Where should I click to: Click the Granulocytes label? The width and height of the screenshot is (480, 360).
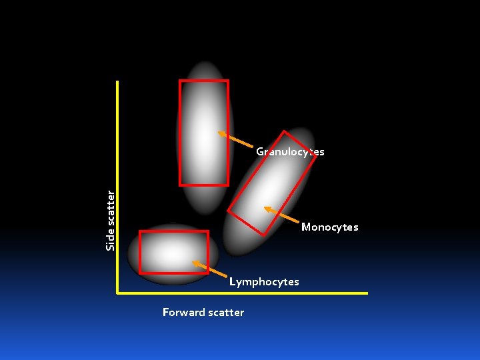tap(290, 152)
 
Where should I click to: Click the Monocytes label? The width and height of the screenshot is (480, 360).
tap(329, 227)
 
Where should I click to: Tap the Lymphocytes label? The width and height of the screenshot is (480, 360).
tap(264, 282)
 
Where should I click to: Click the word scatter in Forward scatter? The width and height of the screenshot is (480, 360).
tap(226, 313)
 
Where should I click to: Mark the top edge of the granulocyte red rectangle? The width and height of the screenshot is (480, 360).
tap(203, 81)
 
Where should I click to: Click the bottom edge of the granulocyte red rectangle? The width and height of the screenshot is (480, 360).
tap(204, 185)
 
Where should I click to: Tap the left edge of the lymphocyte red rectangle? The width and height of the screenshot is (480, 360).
tap(140, 252)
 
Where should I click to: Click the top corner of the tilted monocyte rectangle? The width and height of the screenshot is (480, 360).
tap(285, 131)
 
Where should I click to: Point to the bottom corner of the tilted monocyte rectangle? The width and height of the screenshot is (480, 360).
tap(264, 235)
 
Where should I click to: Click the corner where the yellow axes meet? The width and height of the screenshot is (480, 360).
tap(118, 292)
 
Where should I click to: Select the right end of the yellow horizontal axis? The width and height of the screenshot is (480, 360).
tap(367, 293)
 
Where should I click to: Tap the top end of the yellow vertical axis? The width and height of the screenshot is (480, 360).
tap(117, 82)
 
